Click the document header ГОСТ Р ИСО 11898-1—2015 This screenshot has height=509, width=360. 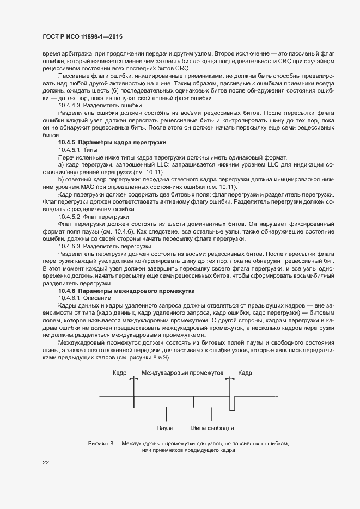coord(82,37)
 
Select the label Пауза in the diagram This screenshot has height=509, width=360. coord(164,428)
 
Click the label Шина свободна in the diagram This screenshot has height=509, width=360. coord(212,428)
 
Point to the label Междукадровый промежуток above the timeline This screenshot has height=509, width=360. coord(182,373)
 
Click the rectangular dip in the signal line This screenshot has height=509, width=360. coord(233,403)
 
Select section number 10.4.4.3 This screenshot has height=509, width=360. coord(71,105)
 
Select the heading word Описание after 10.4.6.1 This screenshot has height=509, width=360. coord(99,298)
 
